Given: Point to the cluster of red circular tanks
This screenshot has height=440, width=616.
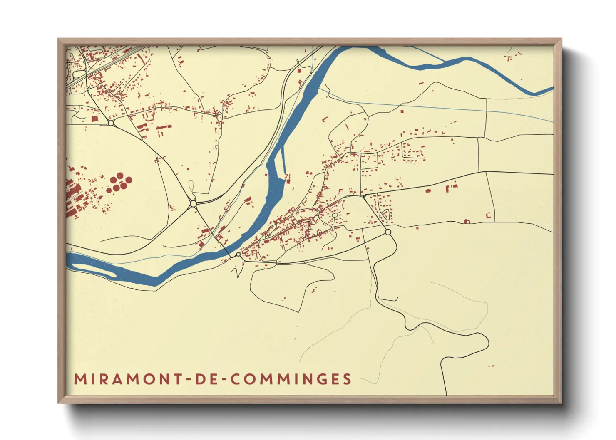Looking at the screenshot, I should pos(119,183).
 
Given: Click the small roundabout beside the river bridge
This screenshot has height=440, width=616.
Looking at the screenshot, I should pos(238,254).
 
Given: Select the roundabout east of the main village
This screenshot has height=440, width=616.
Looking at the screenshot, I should pos(388,232).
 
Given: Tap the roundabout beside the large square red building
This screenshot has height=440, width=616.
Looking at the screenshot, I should pos(111,123).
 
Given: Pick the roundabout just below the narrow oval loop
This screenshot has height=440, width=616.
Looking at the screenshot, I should pos(193,204).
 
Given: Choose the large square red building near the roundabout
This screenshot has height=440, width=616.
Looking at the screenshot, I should pos(94,119).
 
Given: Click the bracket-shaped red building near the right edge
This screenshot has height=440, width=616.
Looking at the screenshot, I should pos(489,215).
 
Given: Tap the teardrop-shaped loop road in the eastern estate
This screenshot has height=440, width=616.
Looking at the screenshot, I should pos(386,215).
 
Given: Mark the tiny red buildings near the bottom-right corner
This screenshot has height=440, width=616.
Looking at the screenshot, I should pos(491,366).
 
